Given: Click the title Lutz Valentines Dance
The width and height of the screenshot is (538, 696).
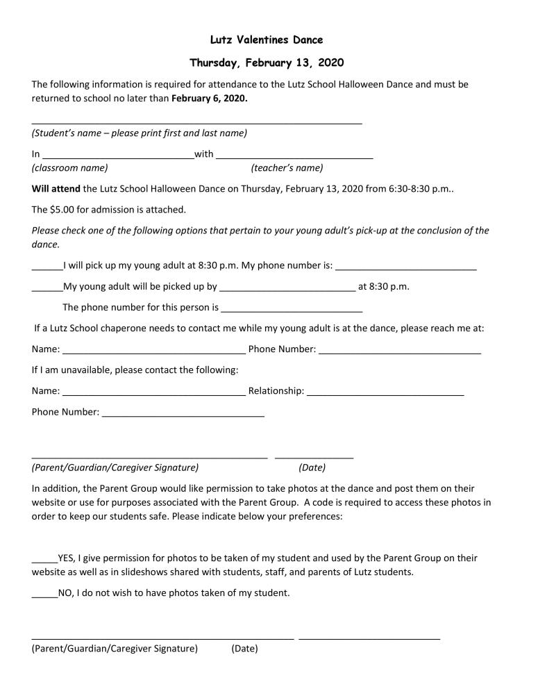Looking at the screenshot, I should pyautogui.click(x=266, y=40).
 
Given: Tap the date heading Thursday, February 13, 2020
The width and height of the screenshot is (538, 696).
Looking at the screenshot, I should pyautogui.click(x=266, y=63).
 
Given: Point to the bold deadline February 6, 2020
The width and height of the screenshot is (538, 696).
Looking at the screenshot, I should pyautogui.click(x=209, y=98).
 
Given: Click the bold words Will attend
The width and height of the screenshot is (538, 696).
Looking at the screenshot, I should pyautogui.click(x=56, y=188).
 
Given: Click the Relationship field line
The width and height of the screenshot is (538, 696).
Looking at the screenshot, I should pyautogui.click(x=385, y=394).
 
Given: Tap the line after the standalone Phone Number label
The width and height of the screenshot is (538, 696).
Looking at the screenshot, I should pyautogui.click(x=183, y=415).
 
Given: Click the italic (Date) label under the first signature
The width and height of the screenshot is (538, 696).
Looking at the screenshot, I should pyautogui.click(x=312, y=467).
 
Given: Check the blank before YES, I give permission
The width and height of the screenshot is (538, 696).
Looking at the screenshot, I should pyautogui.click(x=44, y=561).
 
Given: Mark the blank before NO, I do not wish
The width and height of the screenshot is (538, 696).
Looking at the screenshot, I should pyautogui.click(x=44, y=596).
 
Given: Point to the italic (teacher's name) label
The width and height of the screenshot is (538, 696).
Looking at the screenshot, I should pyautogui.click(x=287, y=167).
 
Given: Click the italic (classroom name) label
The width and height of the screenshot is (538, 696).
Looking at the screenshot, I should pyautogui.click(x=69, y=167).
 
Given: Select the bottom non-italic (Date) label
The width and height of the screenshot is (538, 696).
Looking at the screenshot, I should pyautogui.click(x=244, y=649).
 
